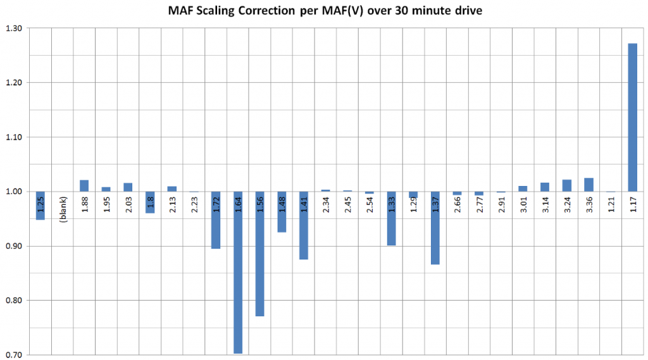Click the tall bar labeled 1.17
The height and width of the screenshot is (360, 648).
(x=632, y=117)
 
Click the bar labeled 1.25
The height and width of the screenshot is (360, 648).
(x=40, y=206)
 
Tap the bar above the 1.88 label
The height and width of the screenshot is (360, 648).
(x=84, y=185)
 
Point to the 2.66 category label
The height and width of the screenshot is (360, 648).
(x=458, y=206)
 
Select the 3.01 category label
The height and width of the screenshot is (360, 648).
(x=523, y=206)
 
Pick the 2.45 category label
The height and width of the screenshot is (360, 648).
(x=347, y=206)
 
